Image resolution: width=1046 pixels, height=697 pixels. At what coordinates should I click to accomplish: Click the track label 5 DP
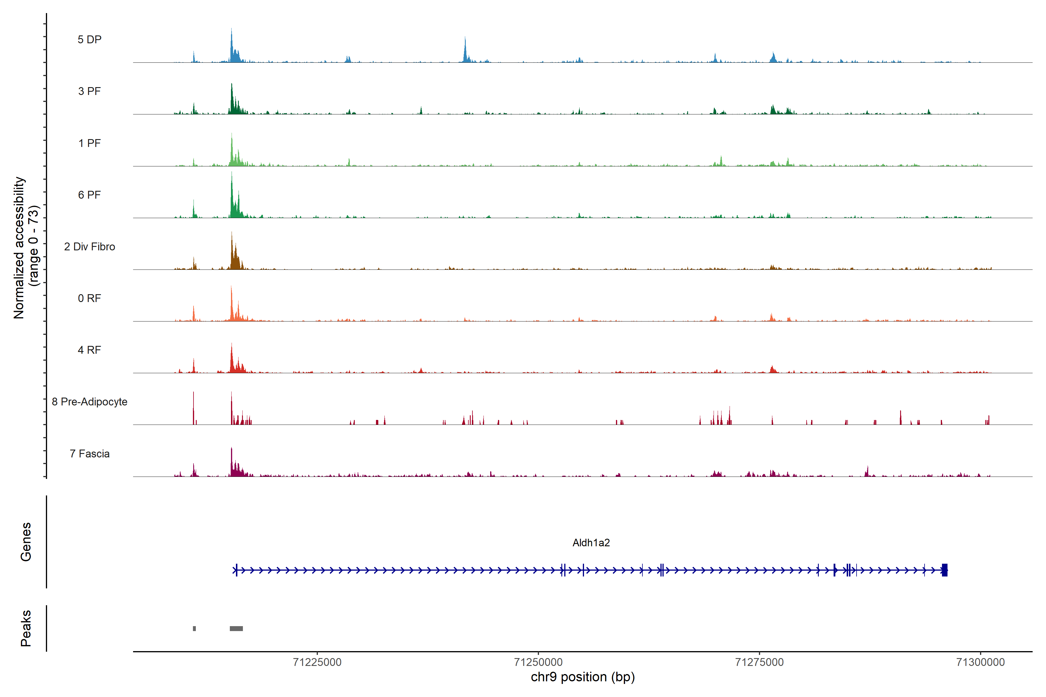click(x=89, y=39)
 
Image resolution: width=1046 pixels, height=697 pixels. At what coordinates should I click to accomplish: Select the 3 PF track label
click(x=89, y=91)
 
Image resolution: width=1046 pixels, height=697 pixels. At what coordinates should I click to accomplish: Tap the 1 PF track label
click(x=89, y=143)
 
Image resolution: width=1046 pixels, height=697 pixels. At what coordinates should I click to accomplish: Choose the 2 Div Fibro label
click(x=89, y=247)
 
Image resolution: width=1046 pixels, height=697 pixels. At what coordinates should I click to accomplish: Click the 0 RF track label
click(x=89, y=298)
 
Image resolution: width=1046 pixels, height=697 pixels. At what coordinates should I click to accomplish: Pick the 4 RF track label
click(x=89, y=350)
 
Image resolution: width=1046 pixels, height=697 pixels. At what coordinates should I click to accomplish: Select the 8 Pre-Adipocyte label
click(x=89, y=402)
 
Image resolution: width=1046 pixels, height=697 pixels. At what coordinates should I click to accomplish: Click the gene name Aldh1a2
click(x=591, y=543)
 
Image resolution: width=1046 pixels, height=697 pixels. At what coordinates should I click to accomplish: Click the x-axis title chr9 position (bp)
click(x=583, y=677)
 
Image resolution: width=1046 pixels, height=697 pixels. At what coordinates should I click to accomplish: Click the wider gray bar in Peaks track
click(x=236, y=628)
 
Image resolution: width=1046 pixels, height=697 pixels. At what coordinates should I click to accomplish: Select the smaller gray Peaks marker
click(x=194, y=628)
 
